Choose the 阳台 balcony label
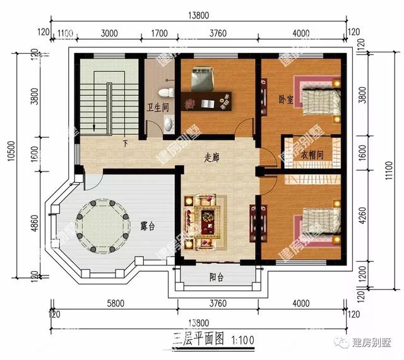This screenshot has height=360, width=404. [217, 277]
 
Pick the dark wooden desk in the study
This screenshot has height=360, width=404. [206, 100]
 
